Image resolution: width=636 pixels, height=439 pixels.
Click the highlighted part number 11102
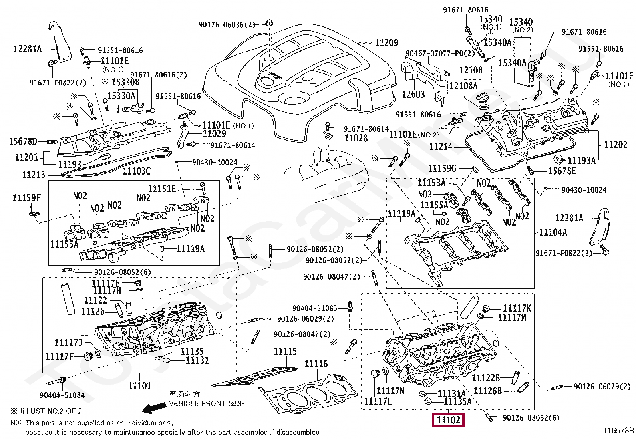click(x=448, y=420)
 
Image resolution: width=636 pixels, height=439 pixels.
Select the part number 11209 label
click(x=386, y=42)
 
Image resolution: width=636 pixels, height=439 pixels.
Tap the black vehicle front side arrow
click(x=155, y=408)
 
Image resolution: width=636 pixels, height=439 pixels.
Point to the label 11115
click(x=285, y=352)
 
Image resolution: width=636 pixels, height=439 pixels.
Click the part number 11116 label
click(x=316, y=364)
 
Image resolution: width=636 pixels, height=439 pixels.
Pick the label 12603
click(x=413, y=94)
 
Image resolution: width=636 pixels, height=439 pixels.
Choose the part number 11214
click(x=441, y=147)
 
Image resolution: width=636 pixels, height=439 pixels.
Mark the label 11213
click(x=34, y=175)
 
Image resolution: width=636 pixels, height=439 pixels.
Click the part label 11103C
click(x=137, y=171)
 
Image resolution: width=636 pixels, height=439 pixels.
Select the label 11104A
click(x=553, y=232)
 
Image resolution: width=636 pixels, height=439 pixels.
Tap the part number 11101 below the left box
click(x=139, y=386)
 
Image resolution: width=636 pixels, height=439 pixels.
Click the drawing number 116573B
click(x=618, y=430)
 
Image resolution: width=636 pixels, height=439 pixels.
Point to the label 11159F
click(x=26, y=198)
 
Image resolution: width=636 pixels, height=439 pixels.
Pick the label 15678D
click(x=23, y=141)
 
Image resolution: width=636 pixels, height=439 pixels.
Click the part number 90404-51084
click(x=62, y=395)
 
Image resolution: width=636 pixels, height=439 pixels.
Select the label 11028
click(x=356, y=138)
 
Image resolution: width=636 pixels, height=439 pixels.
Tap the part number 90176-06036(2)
click(x=227, y=25)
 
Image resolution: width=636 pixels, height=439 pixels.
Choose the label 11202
click(x=616, y=145)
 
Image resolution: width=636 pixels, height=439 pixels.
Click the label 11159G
click(x=442, y=169)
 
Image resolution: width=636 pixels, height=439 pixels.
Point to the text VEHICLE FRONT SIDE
click(x=207, y=404)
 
